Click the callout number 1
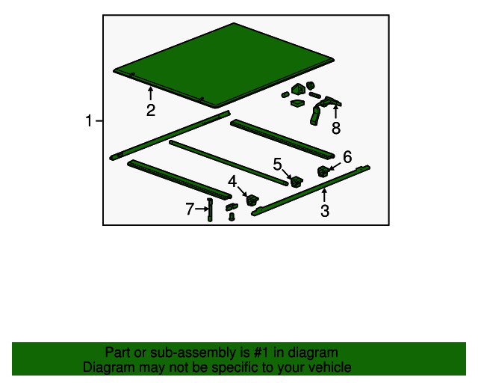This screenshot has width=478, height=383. [x=89, y=120]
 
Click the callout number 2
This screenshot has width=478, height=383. [x=151, y=110]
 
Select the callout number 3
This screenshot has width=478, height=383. [x=325, y=211]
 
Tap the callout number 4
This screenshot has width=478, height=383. [x=232, y=182]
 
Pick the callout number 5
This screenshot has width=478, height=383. [x=277, y=165]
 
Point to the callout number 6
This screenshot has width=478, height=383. [x=347, y=157]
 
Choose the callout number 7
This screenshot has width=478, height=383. [x=190, y=209]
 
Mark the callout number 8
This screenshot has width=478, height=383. [x=336, y=128]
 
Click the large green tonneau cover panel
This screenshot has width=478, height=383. [x=224, y=65]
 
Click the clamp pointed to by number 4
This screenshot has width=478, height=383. [x=252, y=200]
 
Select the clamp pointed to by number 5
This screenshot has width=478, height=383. [x=297, y=182]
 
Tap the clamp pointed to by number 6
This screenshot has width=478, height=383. [x=323, y=171]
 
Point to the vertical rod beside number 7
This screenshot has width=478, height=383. [x=210, y=209]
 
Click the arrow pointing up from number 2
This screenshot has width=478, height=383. [x=150, y=94]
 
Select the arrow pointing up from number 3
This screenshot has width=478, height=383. [x=324, y=194]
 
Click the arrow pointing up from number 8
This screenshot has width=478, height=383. [x=335, y=111]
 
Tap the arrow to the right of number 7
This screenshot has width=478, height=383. [x=202, y=209]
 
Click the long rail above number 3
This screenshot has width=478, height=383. [x=311, y=190]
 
